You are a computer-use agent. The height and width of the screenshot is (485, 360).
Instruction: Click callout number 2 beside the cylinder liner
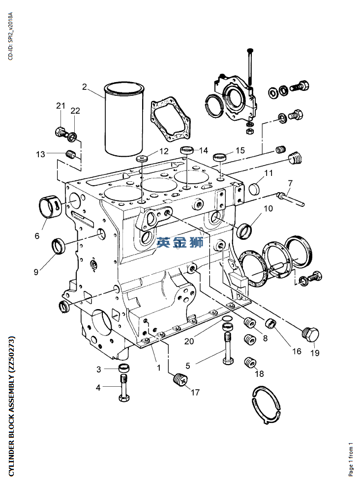(85, 87)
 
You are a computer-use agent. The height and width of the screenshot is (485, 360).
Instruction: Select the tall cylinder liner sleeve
(124, 119)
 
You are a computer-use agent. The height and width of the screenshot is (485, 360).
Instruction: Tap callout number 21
(60, 106)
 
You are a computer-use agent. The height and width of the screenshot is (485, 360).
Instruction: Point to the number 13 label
(40, 154)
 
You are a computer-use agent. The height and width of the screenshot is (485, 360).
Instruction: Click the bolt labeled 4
(124, 388)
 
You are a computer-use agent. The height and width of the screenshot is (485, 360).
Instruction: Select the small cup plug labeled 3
(124, 368)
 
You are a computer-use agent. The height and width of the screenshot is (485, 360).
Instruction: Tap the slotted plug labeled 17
(180, 379)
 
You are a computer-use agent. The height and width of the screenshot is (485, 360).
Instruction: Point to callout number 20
(189, 341)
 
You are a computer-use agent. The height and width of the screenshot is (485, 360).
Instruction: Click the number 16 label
(297, 351)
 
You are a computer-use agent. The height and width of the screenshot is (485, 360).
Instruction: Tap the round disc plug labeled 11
(254, 188)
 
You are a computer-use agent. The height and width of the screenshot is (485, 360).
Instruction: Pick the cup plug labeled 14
(187, 150)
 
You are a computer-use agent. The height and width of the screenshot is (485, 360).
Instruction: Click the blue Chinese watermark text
(180, 242)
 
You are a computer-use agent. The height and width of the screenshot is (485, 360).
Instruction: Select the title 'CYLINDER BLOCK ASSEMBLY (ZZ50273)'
(11, 405)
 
